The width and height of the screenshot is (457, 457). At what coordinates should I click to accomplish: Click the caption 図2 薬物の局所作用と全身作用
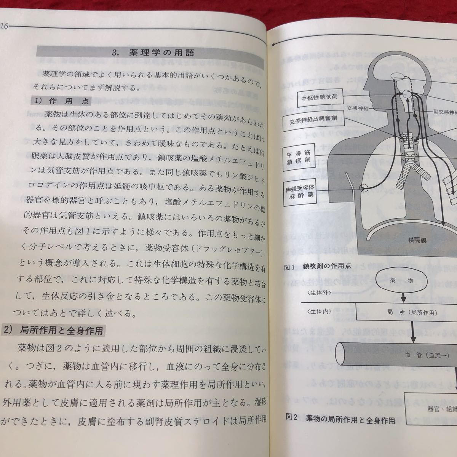point(340,420)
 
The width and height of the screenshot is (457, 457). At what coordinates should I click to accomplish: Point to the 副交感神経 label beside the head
point(444,112)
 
